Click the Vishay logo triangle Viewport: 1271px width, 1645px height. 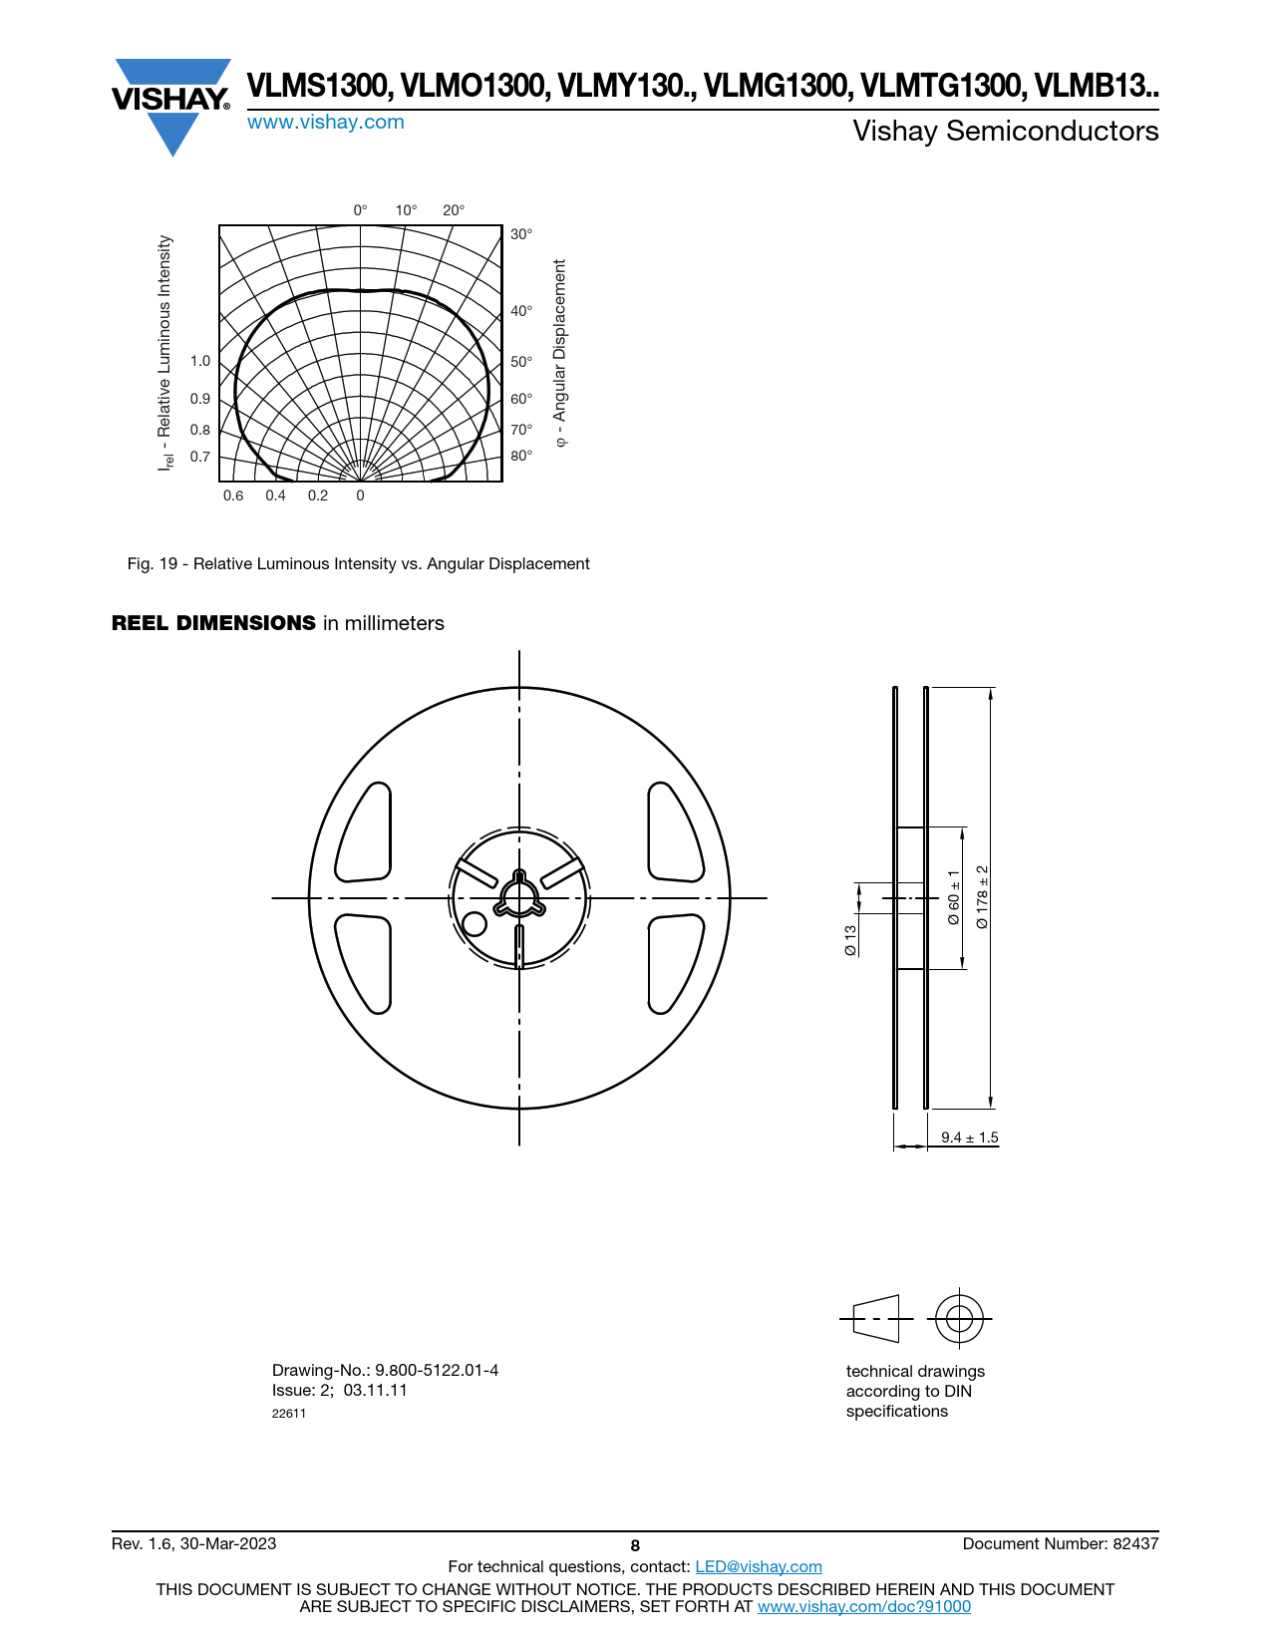coord(171,107)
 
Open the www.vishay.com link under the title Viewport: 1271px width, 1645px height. coord(326,123)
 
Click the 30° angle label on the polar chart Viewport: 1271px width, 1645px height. coord(520,234)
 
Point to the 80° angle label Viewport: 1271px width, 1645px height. coord(520,456)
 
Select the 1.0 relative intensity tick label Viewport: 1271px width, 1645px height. coord(199,361)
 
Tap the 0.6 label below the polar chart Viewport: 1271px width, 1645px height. coord(233,495)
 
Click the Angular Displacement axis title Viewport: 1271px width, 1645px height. coord(559,353)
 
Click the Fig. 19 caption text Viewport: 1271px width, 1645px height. coord(358,564)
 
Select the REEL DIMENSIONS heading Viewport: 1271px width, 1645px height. coord(213,623)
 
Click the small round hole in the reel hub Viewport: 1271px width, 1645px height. coord(474,923)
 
